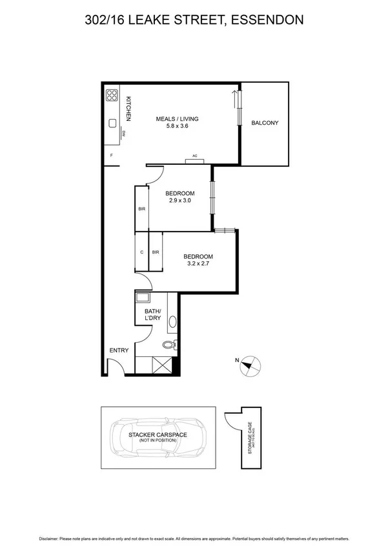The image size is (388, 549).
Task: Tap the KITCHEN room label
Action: point(128,109)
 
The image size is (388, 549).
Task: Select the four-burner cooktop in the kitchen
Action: point(112,96)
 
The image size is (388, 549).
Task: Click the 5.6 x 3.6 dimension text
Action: point(177,127)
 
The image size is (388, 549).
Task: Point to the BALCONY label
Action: point(264,123)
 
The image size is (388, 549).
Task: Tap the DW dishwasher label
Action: point(123,134)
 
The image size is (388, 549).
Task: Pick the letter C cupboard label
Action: point(142,252)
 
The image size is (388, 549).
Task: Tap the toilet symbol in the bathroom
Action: point(170,345)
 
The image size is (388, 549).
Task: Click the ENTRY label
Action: point(119,350)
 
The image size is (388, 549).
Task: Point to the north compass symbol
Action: point(249,365)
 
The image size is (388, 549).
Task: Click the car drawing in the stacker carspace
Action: point(157,436)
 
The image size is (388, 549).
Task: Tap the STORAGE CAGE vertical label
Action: point(250,438)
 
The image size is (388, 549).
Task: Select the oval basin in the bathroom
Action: point(172,321)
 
